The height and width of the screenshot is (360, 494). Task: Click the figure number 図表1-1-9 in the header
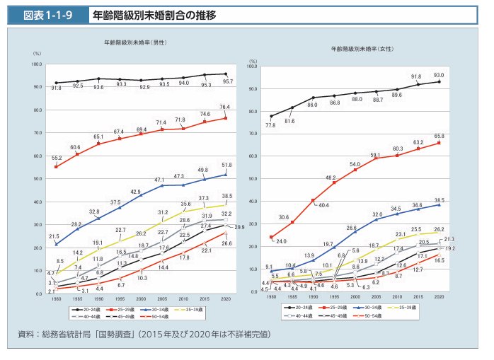point(48,14)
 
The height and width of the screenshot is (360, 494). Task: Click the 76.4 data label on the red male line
point(225,107)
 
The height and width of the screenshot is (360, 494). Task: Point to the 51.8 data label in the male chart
point(228,164)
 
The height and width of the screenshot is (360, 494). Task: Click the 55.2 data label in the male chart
point(57,158)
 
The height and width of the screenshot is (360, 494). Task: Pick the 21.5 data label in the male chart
point(53,236)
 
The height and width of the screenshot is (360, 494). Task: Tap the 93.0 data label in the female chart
point(439,74)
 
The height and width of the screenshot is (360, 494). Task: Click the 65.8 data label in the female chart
point(439,135)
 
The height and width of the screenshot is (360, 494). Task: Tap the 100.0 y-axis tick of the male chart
point(37,64)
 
